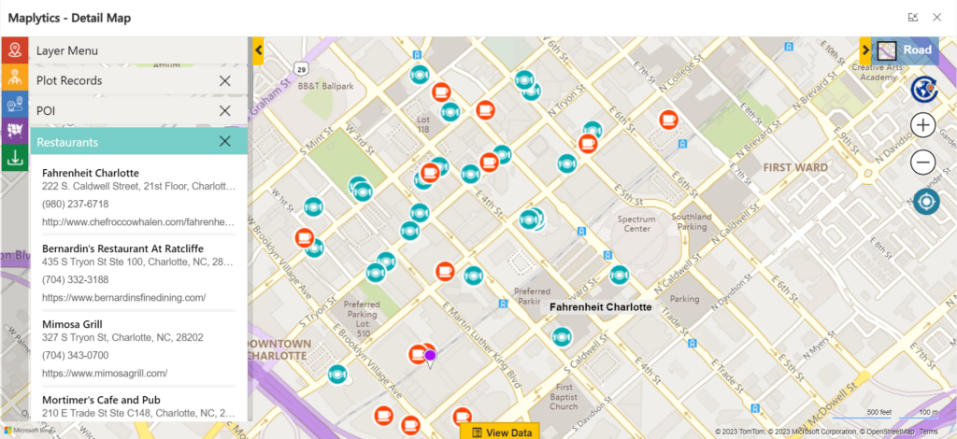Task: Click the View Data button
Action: click(x=503, y=432)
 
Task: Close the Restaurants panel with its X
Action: click(x=224, y=142)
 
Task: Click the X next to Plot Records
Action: click(x=224, y=81)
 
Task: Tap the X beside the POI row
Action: click(x=224, y=111)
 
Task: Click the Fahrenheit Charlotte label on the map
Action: click(x=600, y=306)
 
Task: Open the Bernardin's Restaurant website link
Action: click(x=123, y=297)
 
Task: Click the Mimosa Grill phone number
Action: click(x=75, y=356)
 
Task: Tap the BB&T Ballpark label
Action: click(x=326, y=87)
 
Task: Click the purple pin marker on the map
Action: click(x=431, y=355)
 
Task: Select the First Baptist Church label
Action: click(x=564, y=396)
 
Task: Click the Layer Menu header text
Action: click(x=67, y=50)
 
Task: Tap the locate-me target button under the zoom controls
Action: click(x=923, y=202)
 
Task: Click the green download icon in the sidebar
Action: click(x=14, y=158)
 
